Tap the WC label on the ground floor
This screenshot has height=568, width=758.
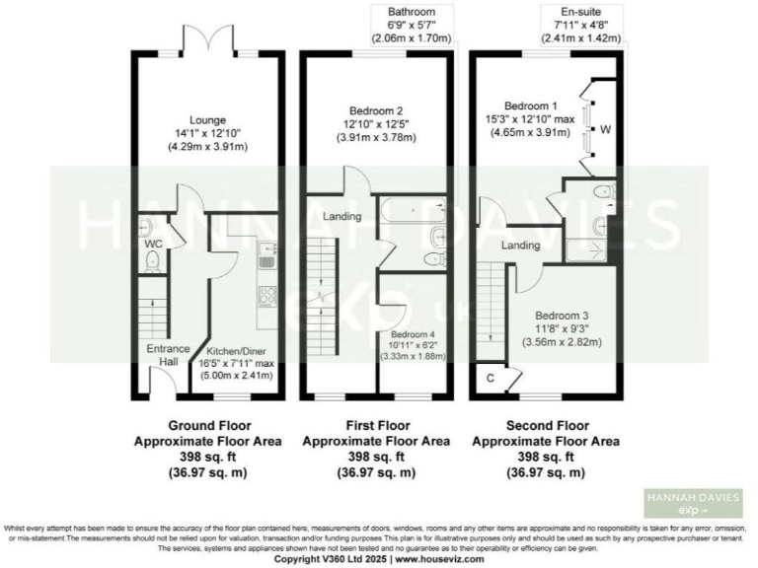point(153,243)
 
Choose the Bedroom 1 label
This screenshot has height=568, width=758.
point(531,106)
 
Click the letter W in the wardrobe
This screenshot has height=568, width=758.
point(604,128)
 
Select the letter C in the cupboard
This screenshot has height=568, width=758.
point(490,376)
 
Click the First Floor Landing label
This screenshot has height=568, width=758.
point(341,216)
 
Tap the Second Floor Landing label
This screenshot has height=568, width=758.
point(519,245)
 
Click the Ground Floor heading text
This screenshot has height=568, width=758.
point(207,427)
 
